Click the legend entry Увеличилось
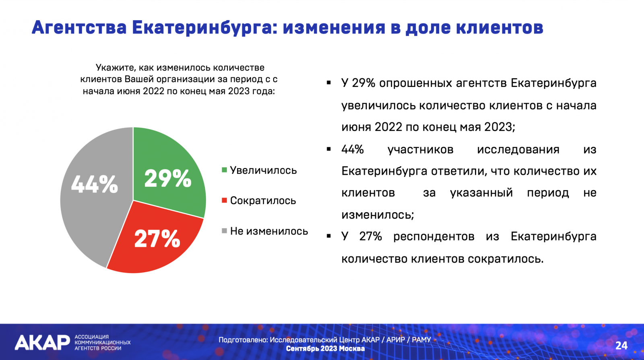(x=259, y=170)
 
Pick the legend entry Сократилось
(x=259, y=201)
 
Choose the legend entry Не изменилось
(x=265, y=231)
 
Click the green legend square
(x=225, y=170)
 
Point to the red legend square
(x=225, y=200)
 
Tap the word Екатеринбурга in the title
(x=205, y=28)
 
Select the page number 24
(x=621, y=346)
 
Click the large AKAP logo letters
(x=42, y=342)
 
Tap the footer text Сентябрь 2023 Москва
(x=325, y=349)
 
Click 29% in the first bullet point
(x=363, y=83)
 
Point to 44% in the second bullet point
(x=353, y=149)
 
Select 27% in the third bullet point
(x=370, y=236)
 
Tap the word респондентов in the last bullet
(x=434, y=237)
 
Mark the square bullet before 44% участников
(x=329, y=149)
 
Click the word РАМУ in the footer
(x=421, y=340)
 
